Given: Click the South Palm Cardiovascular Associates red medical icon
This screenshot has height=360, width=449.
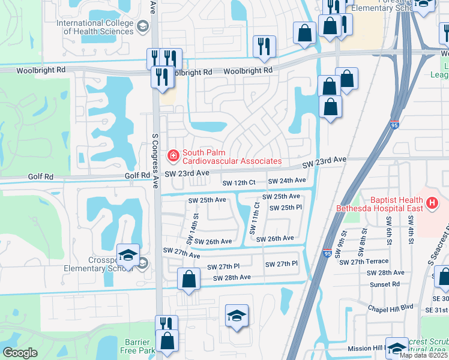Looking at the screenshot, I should [173, 156].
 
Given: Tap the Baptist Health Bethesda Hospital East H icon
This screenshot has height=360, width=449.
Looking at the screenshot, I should [431, 204].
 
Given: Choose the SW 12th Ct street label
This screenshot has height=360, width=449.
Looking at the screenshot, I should [239, 182].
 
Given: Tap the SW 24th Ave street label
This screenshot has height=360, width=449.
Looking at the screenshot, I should [287, 181].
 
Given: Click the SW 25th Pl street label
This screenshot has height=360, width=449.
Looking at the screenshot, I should [285, 208].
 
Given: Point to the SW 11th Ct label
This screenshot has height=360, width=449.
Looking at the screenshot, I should [253, 218].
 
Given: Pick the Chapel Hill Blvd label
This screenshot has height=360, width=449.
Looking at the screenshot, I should [391, 307].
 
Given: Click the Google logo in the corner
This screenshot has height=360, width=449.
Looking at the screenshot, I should [20, 353].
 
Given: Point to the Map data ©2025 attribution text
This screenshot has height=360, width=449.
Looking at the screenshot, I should [424, 355].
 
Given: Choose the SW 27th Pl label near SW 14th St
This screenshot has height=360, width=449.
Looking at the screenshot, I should [223, 266].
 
